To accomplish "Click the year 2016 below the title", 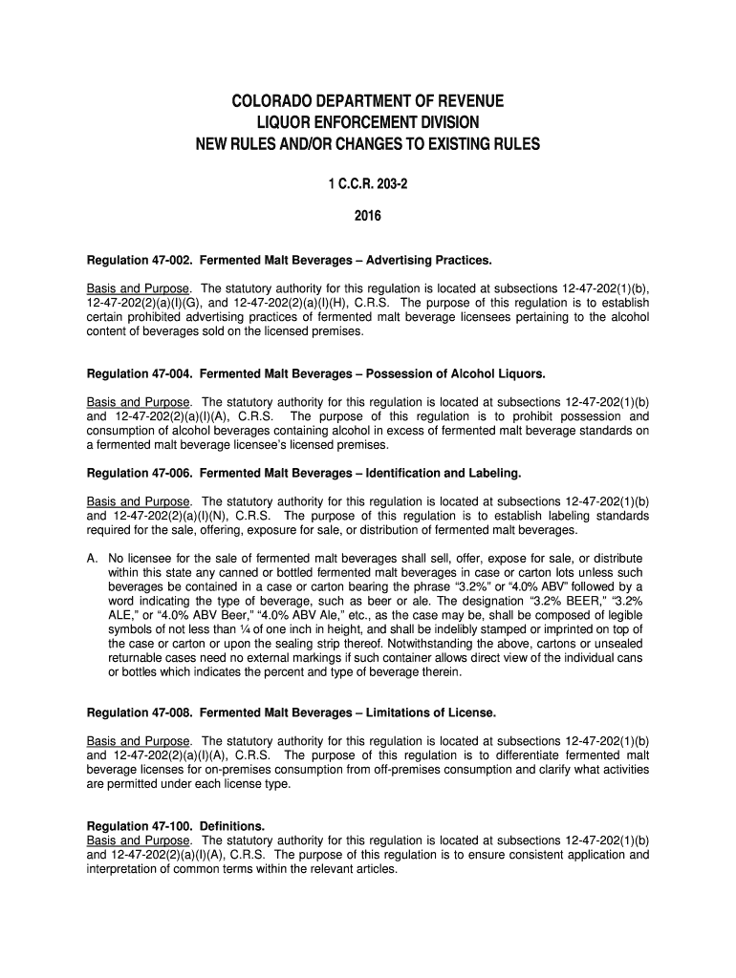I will (368, 216).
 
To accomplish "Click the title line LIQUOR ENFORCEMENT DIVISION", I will (368, 123).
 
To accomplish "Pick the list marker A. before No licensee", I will (93, 559).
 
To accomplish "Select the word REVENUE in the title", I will (468, 101).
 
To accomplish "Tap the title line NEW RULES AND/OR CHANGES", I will (368, 145).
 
